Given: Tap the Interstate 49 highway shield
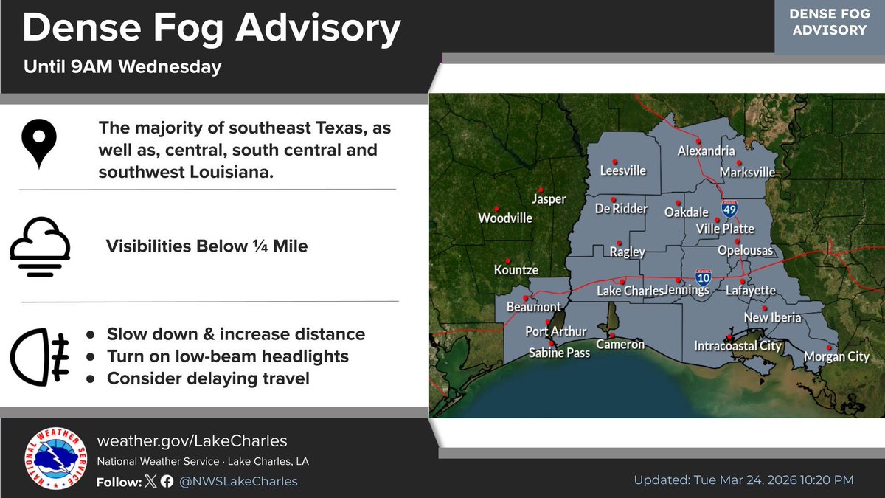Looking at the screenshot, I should click(729, 209).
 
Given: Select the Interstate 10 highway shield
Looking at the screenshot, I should click(704, 277).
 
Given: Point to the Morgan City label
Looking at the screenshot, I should click(836, 357).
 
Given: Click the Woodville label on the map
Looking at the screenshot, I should click(505, 218).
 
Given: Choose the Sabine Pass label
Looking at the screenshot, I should click(559, 353).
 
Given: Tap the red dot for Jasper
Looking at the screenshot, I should click(541, 188).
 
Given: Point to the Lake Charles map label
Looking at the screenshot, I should click(624, 291).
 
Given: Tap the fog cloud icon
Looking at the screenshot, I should click(40, 246).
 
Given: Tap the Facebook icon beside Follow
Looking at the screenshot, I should click(167, 481).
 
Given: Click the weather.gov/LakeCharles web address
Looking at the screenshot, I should click(192, 441).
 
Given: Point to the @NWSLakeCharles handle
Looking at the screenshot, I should click(239, 481).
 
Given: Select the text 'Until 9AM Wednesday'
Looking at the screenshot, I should click(122, 67).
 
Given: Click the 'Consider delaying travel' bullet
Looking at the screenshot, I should click(208, 378).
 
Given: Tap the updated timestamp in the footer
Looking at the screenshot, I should click(743, 480).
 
